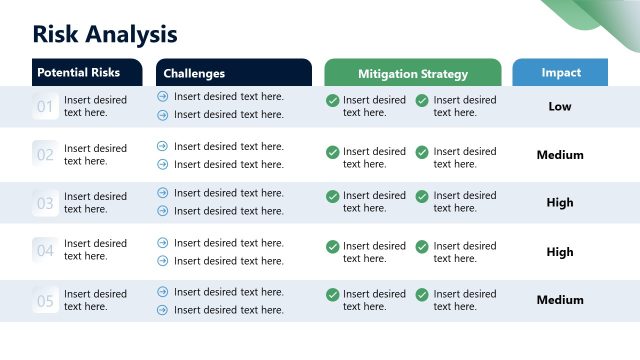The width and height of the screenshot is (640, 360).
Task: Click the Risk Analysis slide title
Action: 105,34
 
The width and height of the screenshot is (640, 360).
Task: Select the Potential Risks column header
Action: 78,73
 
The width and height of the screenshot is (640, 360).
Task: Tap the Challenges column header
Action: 194,73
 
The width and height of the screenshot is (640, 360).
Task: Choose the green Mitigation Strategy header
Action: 412,73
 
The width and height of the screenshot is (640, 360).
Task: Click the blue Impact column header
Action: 560,73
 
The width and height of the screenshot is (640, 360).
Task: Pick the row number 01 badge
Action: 45,106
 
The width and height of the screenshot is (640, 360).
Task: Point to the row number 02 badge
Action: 45,155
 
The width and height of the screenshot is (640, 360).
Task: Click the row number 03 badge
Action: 45,203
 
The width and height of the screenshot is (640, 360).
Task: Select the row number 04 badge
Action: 45,250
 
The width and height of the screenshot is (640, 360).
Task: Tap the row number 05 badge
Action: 45,300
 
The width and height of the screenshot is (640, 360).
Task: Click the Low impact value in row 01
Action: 560,106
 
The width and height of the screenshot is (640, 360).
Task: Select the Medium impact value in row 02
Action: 560,155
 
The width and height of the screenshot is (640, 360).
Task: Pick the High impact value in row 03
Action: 560,202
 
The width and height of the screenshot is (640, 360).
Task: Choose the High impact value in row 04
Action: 560,252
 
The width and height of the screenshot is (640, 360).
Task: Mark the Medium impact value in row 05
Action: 560,300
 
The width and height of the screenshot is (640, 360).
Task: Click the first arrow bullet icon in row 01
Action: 163,97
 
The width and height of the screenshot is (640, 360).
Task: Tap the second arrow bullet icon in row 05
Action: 163,310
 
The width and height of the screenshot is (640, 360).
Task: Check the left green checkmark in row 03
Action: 332,196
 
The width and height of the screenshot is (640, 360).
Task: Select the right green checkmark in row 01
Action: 422,100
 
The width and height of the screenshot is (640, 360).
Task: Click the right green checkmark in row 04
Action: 422,246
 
